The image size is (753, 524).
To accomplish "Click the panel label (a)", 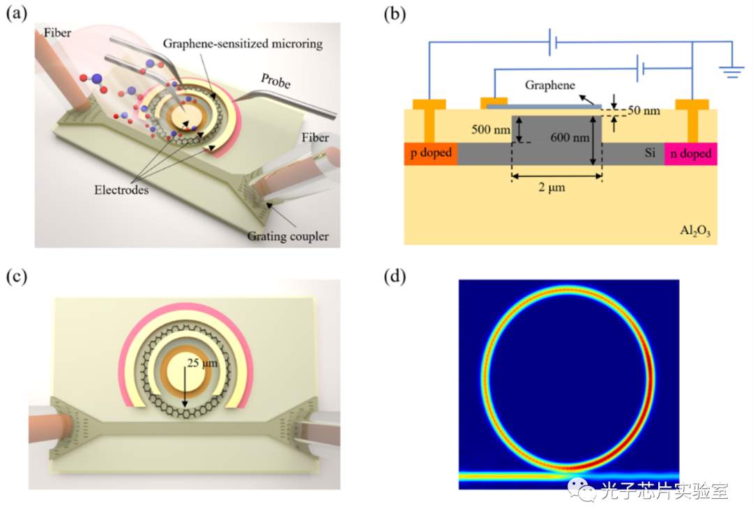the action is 16,14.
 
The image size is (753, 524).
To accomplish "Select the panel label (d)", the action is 395,277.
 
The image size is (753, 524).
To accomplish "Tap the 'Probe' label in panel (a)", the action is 275,81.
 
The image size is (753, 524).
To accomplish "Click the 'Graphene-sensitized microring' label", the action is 243,44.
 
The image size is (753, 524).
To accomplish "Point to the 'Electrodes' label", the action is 121,190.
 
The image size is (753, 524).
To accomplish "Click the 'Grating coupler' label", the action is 288,236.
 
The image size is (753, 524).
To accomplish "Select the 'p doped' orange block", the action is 431,153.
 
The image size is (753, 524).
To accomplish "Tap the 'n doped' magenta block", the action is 690,153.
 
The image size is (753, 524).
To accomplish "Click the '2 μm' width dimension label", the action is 552,187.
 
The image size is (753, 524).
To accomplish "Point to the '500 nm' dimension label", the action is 490,129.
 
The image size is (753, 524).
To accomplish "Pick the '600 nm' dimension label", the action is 570,137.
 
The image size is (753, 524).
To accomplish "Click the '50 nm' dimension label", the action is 644,110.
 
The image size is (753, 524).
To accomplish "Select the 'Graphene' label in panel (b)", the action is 550,86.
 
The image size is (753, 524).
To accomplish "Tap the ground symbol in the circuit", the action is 731,72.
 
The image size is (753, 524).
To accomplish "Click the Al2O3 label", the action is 695,231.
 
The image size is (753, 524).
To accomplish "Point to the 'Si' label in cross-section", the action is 650,153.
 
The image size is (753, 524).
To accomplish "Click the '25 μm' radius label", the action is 202,363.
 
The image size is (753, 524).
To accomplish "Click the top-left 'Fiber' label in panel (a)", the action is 57,33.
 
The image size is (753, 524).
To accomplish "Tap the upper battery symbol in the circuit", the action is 553,43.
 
